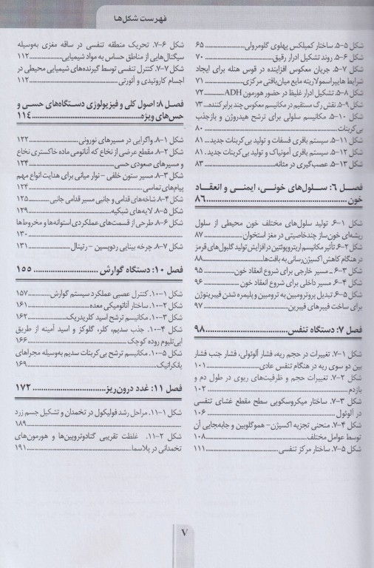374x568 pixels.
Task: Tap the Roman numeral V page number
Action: point(186,531)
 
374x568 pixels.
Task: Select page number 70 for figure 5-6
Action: point(199,56)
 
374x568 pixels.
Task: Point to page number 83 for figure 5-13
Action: point(199,163)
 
